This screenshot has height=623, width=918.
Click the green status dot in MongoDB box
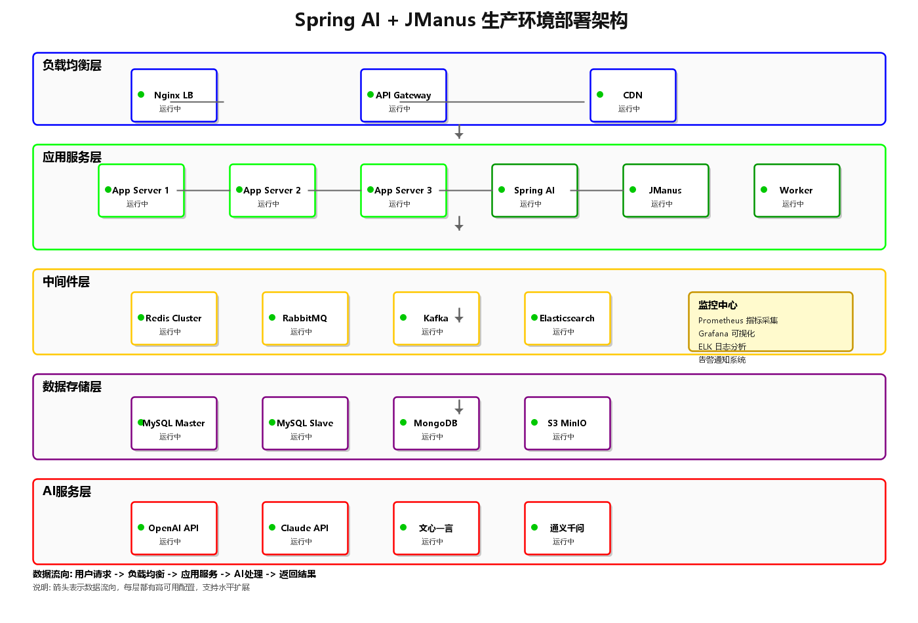[403, 422]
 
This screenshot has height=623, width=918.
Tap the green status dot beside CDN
[600, 94]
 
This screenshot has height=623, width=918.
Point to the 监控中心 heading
[717, 305]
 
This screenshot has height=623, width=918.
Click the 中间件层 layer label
[66, 282]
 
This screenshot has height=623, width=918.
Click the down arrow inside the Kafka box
[459, 315]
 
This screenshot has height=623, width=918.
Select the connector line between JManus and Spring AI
[600, 190]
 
